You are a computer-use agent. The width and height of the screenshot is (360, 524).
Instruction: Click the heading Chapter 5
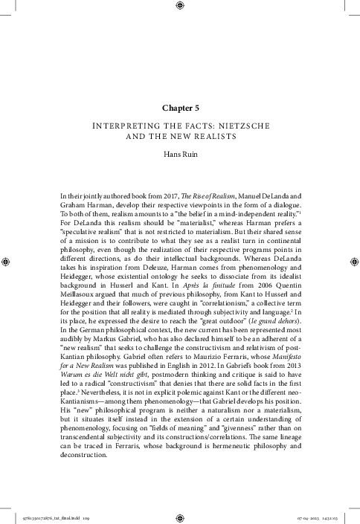(179, 109)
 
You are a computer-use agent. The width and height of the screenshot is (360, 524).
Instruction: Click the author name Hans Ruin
(179, 155)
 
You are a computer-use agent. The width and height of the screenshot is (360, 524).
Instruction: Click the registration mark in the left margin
(6, 262)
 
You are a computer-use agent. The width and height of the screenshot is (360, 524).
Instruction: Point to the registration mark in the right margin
(353, 262)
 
